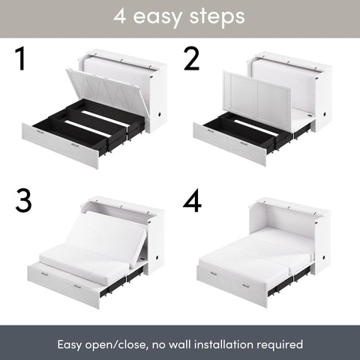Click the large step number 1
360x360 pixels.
click(20, 61)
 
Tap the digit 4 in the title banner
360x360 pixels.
click(120, 17)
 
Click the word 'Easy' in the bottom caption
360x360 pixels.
click(72, 344)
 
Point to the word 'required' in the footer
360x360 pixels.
click(279, 344)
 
